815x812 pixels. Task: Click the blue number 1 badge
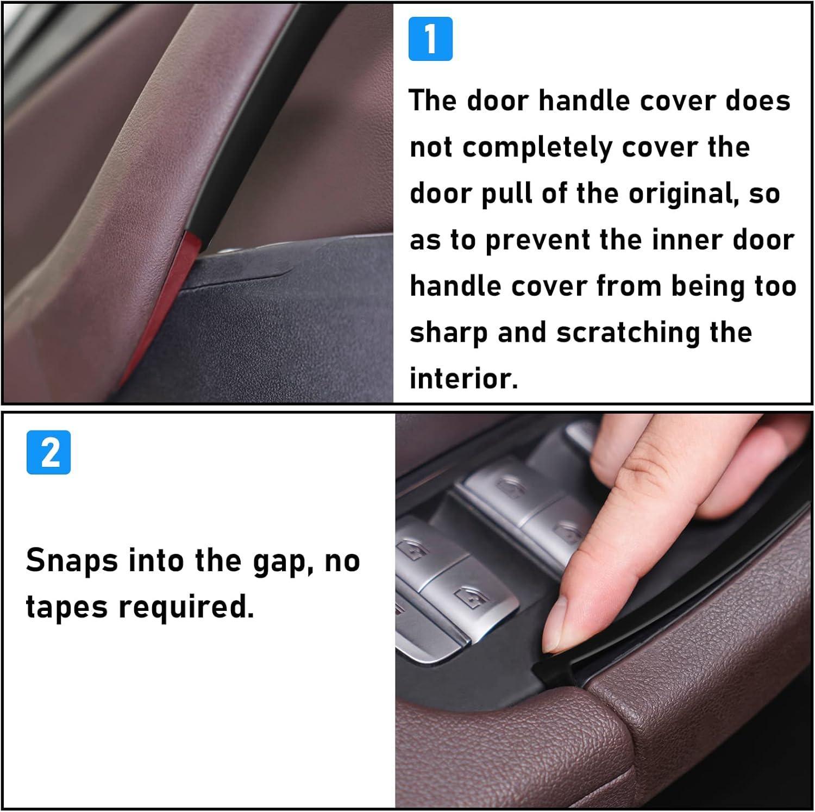point(430,39)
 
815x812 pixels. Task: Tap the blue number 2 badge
point(48,452)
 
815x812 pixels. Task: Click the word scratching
point(628,332)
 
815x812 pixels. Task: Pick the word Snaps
point(72,560)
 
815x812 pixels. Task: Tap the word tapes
point(66,607)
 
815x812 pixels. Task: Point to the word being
point(708,287)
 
